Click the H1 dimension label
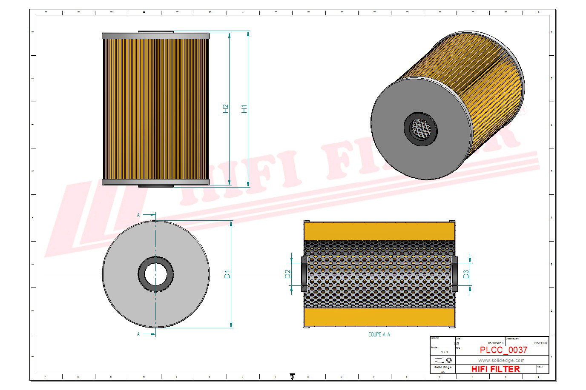coord(244,108)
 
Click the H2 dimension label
coord(226,108)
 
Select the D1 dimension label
coord(227,274)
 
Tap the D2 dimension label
coord(287,274)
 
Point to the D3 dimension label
coord(466,274)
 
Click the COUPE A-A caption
coord(379,335)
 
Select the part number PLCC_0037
coord(503,350)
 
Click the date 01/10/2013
coord(495,343)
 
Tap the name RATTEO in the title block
coord(540,343)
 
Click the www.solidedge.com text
coord(501,360)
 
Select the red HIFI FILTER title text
coord(495,369)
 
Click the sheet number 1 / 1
coord(444,352)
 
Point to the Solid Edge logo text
coord(442,367)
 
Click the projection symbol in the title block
coord(442,360)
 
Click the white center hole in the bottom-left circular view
coord(155,274)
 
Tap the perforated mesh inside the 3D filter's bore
coord(421,128)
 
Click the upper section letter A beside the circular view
coord(138,215)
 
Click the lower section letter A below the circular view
coord(138,334)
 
